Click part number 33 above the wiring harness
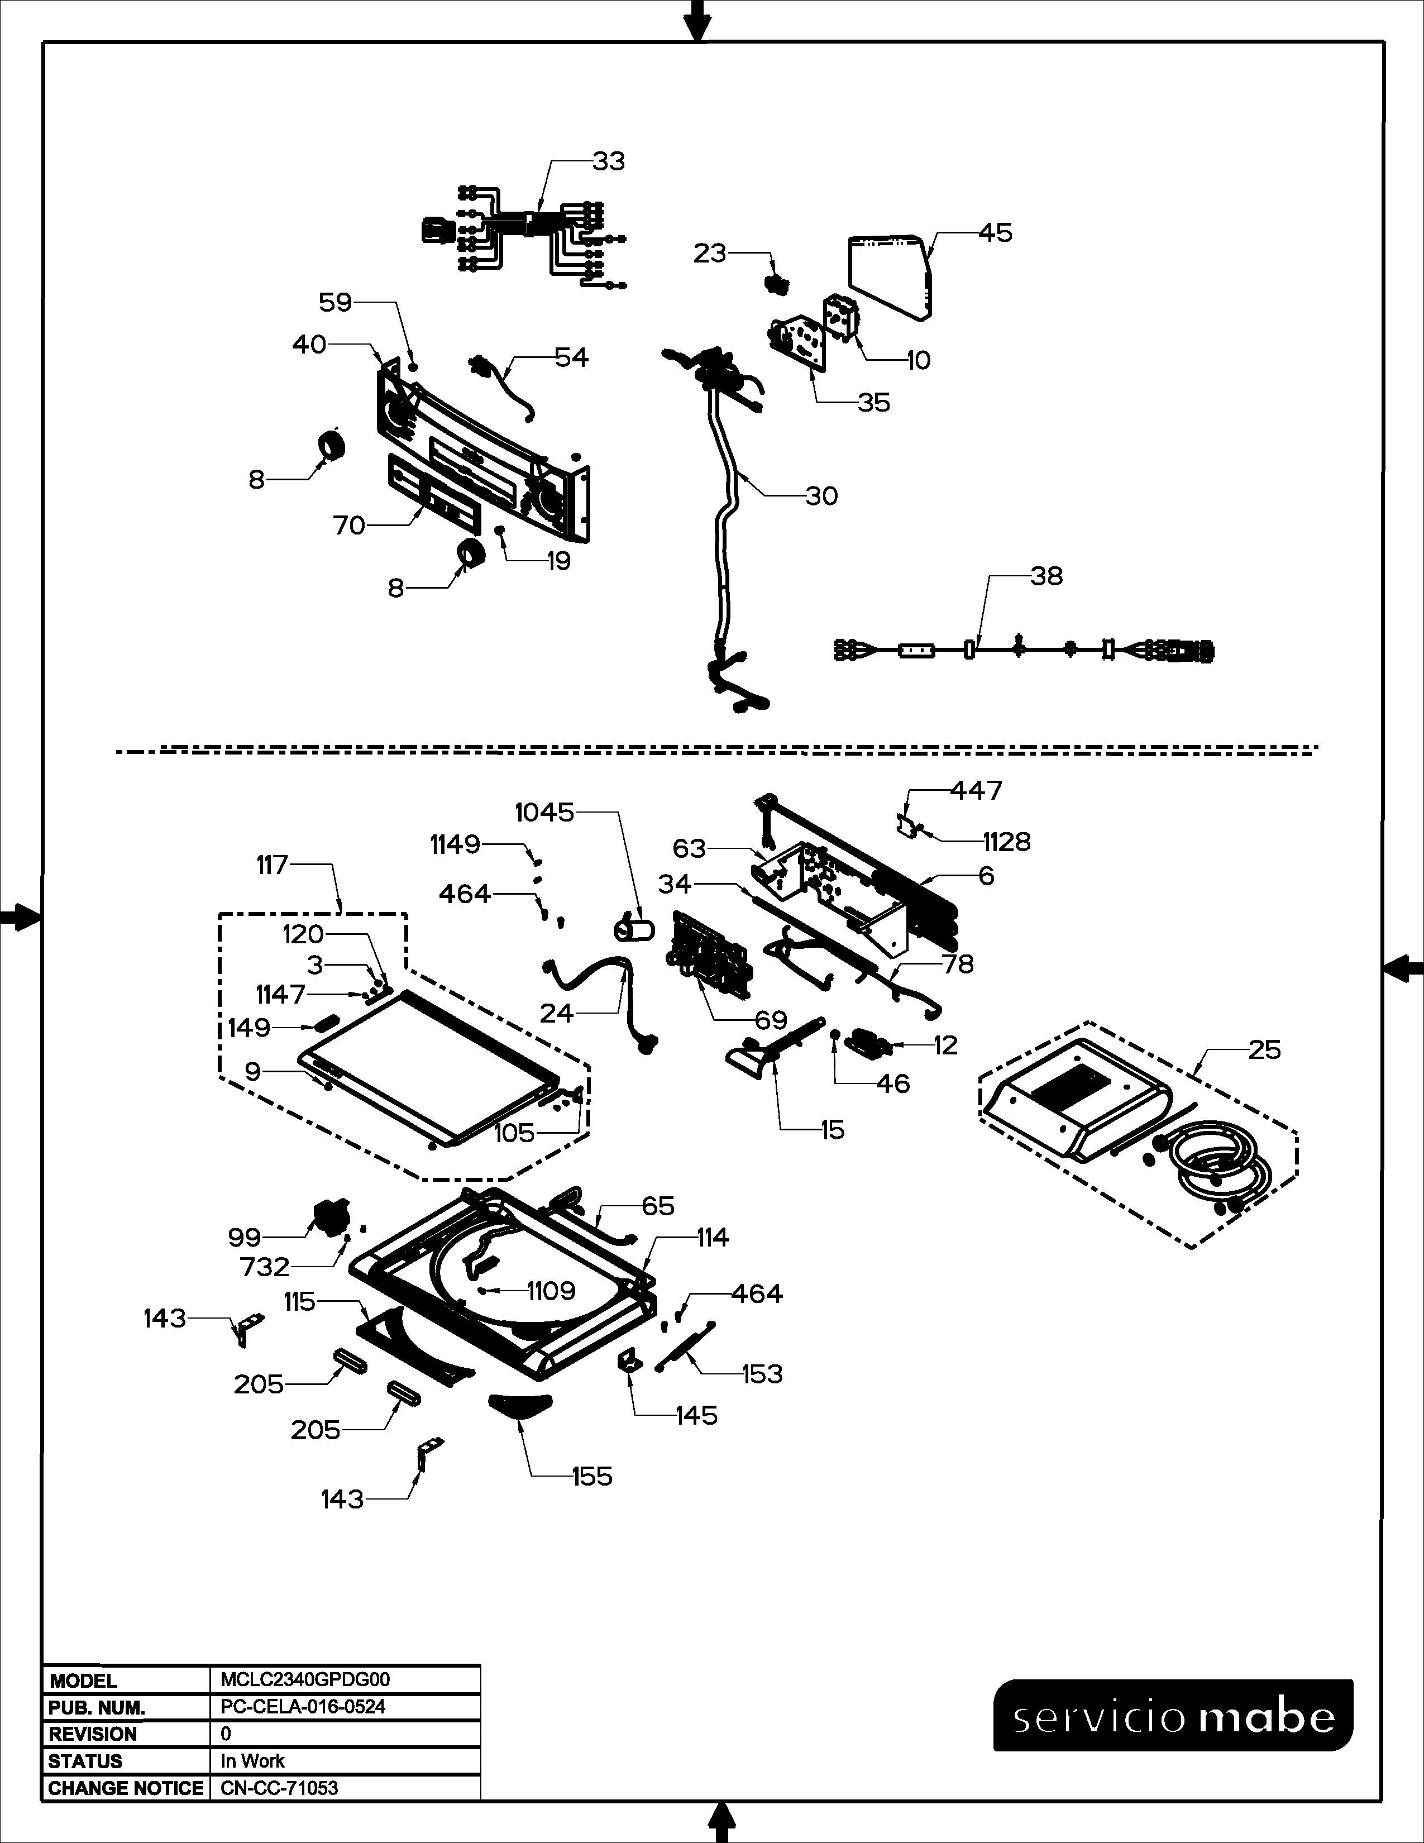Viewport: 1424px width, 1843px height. pyautogui.click(x=608, y=161)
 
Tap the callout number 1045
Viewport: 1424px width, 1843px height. pyautogui.click(x=544, y=813)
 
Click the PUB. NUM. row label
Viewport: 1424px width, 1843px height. pyautogui.click(x=97, y=1707)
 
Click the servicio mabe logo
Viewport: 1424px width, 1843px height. pyautogui.click(x=1173, y=1716)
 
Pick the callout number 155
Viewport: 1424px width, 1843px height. pyautogui.click(x=591, y=1477)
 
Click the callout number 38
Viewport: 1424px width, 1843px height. pyautogui.click(x=1046, y=576)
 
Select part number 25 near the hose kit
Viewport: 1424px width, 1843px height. pyautogui.click(x=1264, y=1050)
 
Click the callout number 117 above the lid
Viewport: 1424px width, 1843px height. pyautogui.click(x=273, y=865)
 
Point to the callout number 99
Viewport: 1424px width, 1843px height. pyautogui.click(x=245, y=1238)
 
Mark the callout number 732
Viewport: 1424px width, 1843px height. pyautogui.click(x=265, y=1267)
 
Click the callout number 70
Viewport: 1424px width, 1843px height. pyautogui.click(x=349, y=526)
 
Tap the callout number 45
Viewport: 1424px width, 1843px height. pyautogui.click(x=996, y=233)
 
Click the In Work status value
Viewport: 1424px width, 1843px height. pyautogui.click(x=252, y=1761)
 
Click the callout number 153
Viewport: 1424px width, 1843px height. pyautogui.click(x=762, y=1374)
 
